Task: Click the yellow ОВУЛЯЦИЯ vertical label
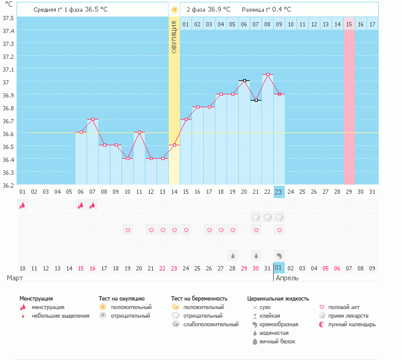(174, 37)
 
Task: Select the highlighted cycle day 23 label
(279, 192)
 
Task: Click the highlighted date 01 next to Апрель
(279, 268)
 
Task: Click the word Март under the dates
(15, 278)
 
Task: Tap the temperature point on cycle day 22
(267, 75)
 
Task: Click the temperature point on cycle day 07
(92, 119)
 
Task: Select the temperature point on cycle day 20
(244, 80)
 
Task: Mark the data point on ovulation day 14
(174, 145)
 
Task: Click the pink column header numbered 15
(349, 24)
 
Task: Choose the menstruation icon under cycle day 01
(22, 205)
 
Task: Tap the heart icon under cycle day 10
(128, 230)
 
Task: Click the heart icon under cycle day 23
(279, 230)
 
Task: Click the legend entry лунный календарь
(352, 324)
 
